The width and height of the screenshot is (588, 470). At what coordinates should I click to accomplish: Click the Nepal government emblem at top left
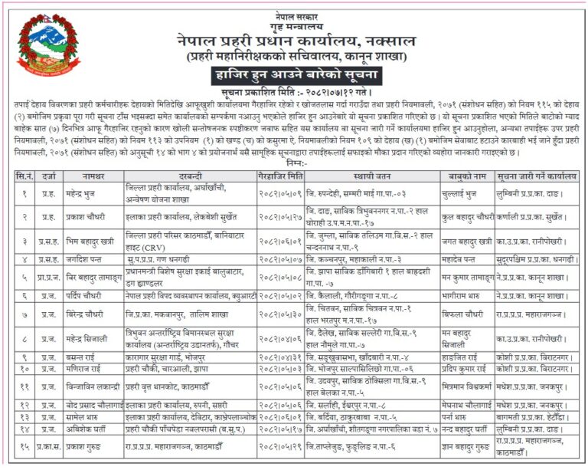[38, 42]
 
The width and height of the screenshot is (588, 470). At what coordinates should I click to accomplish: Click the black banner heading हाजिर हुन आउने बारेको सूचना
[293, 75]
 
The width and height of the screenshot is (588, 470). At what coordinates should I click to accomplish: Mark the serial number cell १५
[24, 445]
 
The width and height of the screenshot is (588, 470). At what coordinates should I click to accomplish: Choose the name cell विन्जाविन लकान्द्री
[93, 386]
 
